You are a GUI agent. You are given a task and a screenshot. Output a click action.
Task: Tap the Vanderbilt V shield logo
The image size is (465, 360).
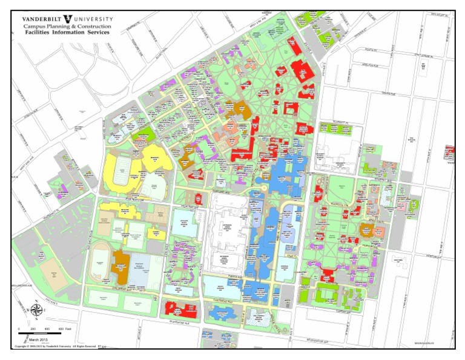point(76,19)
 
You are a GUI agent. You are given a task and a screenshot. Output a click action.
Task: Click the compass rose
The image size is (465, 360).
point(36,310)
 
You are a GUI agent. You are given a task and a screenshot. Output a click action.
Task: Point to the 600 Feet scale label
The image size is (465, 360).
point(64,328)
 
